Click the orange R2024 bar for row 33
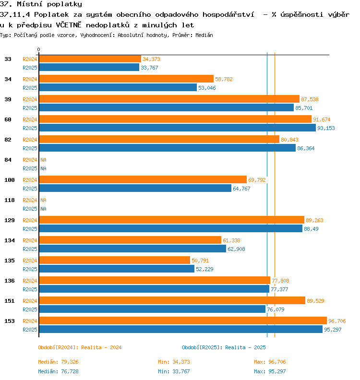coord(90,59)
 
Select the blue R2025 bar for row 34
coord(118,87)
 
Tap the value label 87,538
coord(310,99)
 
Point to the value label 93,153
coord(326,128)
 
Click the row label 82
coord(8,140)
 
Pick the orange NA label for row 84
coord(43,160)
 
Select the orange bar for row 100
coord(143,179)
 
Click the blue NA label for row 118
coord(43,209)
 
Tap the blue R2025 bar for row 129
coord(171,228)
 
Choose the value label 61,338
coord(231,240)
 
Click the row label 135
coord(10,261)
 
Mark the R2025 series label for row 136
coord(30,289)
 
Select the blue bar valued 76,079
coord(152,309)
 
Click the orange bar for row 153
coord(183,321)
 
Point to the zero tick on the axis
coord(38,49)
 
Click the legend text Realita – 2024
coord(101,347)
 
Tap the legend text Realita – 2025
coord(245,347)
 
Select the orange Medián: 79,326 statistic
coord(58,362)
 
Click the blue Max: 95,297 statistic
coord(270,371)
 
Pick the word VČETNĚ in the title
coord(69,25)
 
